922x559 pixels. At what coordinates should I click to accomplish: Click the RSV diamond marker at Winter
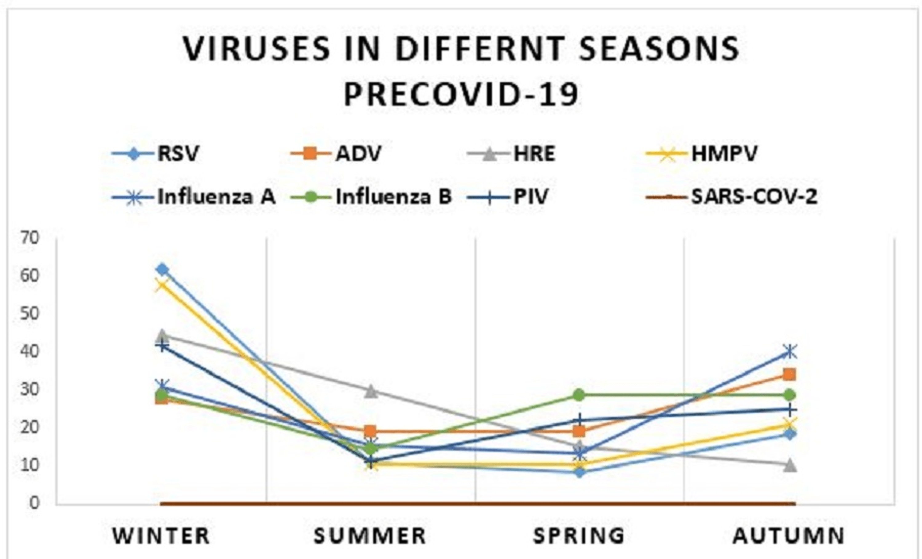pyautogui.click(x=162, y=269)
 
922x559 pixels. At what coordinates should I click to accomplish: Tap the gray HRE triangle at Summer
pyautogui.click(x=370, y=391)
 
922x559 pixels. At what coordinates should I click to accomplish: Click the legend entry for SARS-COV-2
pyautogui.click(x=754, y=196)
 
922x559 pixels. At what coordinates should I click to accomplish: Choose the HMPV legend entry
pyautogui.click(x=724, y=153)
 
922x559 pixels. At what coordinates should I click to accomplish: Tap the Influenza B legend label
pyautogui.click(x=394, y=196)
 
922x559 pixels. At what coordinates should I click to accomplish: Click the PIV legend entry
pyautogui.click(x=530, y=196)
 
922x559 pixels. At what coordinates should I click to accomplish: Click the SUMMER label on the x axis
pyautogui.click(x=370, y=535)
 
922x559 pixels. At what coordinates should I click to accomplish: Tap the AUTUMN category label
pyautogui.click(x=789, y=535)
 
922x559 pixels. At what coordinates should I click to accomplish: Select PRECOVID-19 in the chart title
pyautogui.click(x=461, y=94)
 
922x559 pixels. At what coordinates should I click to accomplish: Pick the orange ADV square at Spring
pyautogui.click(x=579, y=432)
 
